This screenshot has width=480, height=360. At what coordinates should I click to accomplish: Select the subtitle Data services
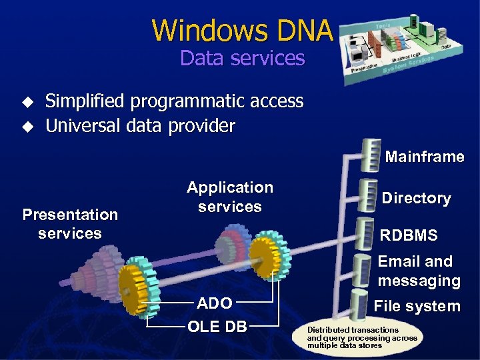pyautogui.click(x=242, y=58)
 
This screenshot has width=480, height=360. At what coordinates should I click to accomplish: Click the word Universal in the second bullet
pyautogui.click(x=79, y=125)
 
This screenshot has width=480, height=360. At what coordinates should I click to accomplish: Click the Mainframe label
pyautogui.click(x=425, y=157)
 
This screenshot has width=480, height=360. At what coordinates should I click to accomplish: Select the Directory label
pyautogui.click(x=416, y=198)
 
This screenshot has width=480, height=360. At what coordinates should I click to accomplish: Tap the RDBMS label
pyautogui.click(x=409, y=235)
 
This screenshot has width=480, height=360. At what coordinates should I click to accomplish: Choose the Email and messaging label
pyautogui.click(x=419, y=271)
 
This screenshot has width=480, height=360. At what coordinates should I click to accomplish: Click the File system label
pyautogui.click(x=417, y=307)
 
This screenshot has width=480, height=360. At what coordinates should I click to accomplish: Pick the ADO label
pyautogui.click(x=215, y=304)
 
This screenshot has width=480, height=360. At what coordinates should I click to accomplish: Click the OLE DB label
pyautogui.click(x=217, y=327)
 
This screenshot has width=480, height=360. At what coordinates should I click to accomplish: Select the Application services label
pyautogui.click(x=230, y=197)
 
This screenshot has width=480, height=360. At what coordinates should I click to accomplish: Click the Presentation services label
pyautogui.click(x=70, y=224)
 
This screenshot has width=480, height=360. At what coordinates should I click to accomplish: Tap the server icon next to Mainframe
pyautogui.click(x=370, y=155)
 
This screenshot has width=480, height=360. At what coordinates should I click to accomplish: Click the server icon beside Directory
pyautogui.click(x=369, y=194)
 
